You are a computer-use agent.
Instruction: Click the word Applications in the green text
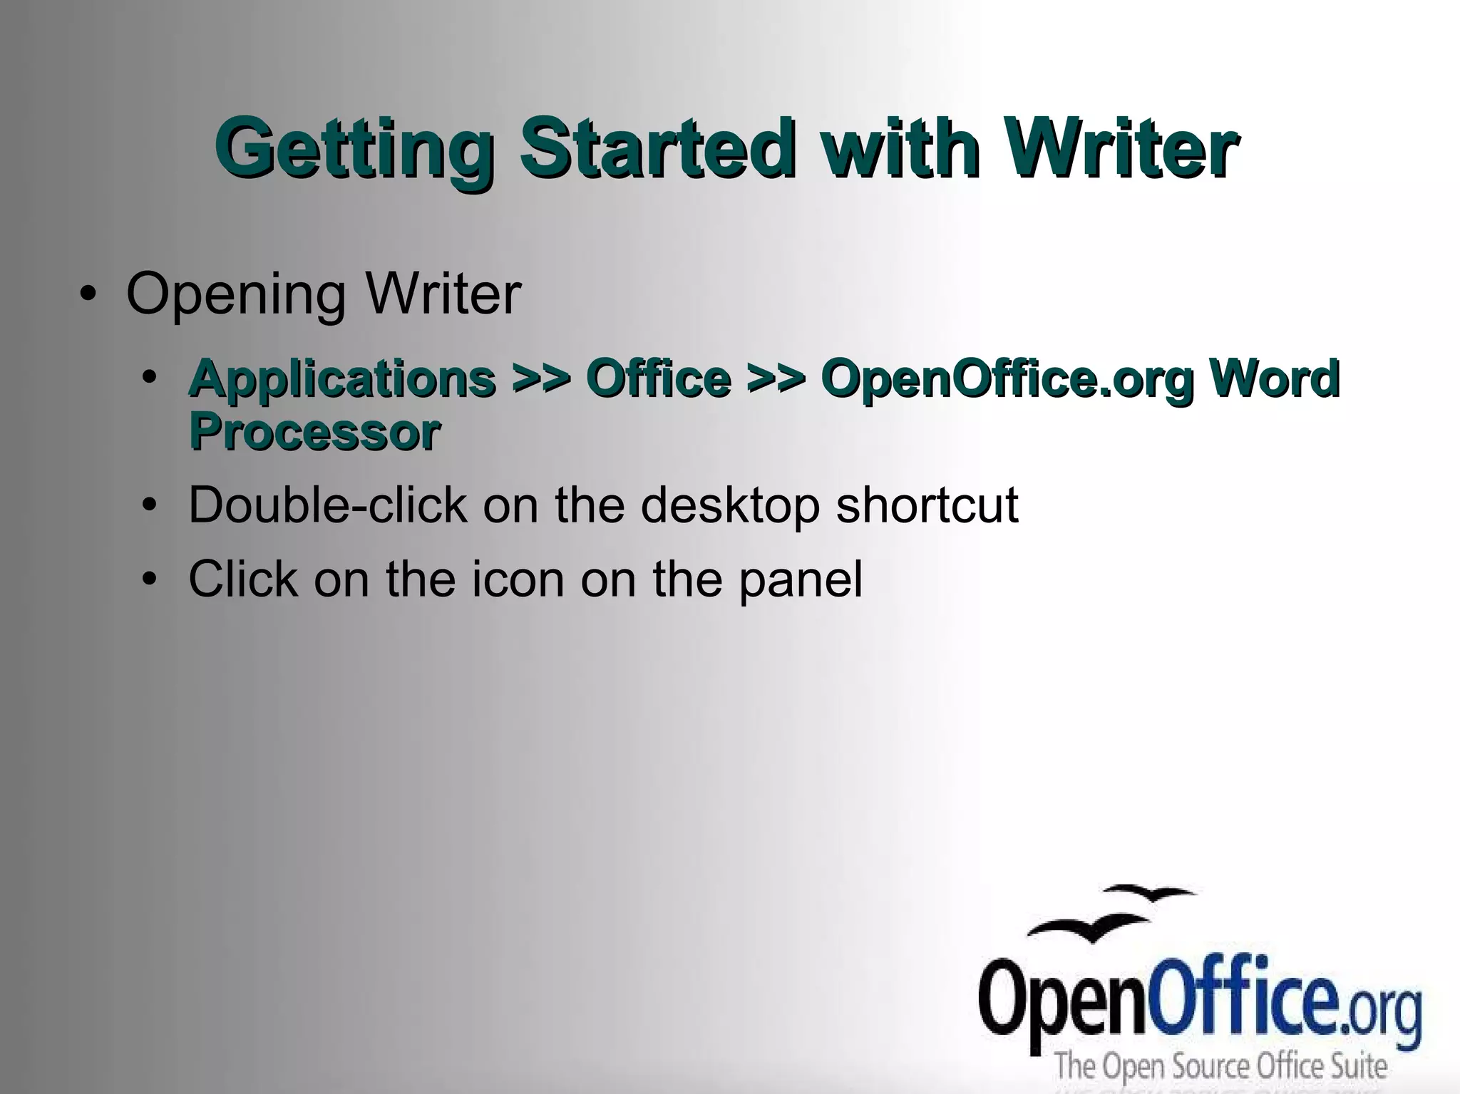[x=342, y=380]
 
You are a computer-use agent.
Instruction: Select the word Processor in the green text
[x=314, y=432]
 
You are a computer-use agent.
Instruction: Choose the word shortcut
[x=927, y=505]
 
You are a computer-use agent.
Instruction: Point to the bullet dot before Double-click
[x=148, y=505]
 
